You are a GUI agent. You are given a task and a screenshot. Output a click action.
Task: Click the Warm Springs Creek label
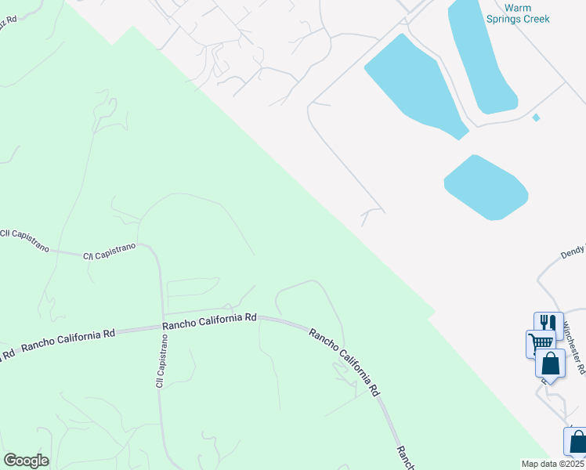click(x=527, y=13)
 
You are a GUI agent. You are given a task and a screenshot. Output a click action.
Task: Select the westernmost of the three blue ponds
click(x=411, y=86)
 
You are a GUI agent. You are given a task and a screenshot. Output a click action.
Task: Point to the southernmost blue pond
click(x=486, y=186)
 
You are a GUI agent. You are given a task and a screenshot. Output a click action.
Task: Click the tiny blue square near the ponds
click(x=536, y=117)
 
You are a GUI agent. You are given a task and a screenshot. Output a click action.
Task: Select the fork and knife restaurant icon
click(x=548, y=323)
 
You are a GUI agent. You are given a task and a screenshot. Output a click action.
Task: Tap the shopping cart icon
click(x=540, y=342)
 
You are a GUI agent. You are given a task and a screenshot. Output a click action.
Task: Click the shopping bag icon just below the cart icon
click(x=551, y=363)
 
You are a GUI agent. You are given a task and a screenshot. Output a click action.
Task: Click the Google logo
click(x=26, y=460)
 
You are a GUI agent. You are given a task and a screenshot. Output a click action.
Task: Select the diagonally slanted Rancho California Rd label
click(x=345, y=360)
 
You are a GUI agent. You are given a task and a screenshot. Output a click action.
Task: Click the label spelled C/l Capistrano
click(x=110, y=250)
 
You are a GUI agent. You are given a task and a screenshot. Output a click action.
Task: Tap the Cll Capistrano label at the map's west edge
click(x=24, y=240)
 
